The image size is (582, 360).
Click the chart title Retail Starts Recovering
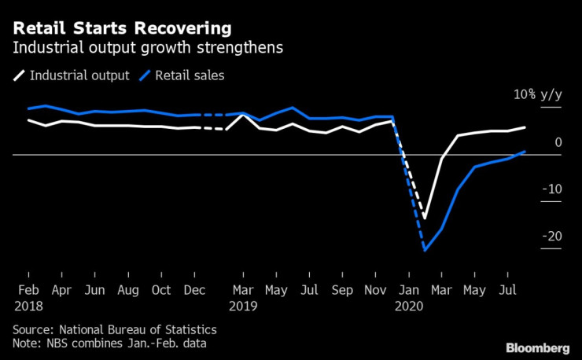point(122,29)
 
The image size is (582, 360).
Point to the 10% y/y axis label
point(538,95)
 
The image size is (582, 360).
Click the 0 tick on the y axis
point(558,142)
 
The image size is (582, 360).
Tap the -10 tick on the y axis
point(554,189)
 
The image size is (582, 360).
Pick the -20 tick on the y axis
point(554,237)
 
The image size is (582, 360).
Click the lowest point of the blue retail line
point(425,250)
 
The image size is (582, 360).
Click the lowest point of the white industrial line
point(425,218)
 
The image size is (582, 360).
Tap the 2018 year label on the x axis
point(29,305)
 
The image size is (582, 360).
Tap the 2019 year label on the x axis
point(244,305)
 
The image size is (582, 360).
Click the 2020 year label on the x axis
point(410,305)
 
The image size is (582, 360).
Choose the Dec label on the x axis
point(194,290)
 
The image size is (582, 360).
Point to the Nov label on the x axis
point(376,290)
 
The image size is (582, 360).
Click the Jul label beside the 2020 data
point(508,290)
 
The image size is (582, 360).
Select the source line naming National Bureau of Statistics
point(114,330)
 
